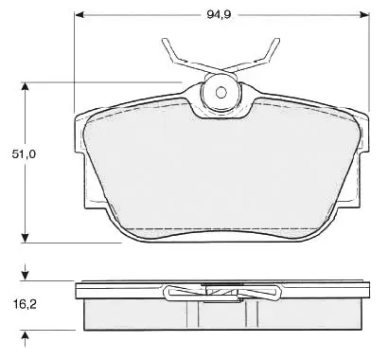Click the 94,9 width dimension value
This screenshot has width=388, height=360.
point(219,14)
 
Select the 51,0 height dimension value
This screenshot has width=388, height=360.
point(25,154)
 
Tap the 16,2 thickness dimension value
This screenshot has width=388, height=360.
point(25,304)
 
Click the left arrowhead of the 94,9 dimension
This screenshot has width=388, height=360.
point(79,14)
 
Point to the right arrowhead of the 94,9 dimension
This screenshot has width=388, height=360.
point(364,14)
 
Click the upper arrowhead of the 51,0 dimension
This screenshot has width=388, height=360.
point(25,86)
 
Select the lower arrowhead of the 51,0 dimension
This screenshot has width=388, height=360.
point(25,239)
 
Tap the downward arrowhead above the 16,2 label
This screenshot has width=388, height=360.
point(25,277)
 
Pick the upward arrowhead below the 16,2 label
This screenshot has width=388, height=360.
point(25,335)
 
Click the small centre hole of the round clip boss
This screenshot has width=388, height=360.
point(220,92)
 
